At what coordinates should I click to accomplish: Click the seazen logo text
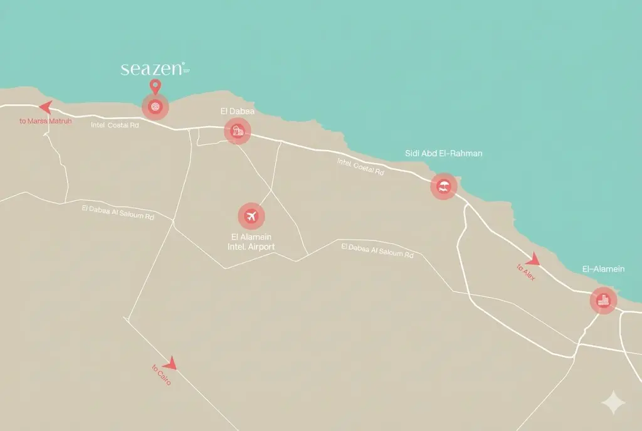point(153,69)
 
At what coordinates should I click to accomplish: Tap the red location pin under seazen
point(155,87)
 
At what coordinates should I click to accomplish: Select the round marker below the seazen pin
point(155,107)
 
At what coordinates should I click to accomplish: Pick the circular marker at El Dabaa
point(238,132)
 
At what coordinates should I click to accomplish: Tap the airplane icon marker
point(251,216)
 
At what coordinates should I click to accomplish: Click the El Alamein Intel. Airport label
point(251,242)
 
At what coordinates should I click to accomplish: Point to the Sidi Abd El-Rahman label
point(444,153)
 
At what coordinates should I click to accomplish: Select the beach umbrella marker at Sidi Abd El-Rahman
point(444,186)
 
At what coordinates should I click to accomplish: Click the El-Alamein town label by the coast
point(603,269)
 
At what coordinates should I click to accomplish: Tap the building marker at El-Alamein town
point(604,301)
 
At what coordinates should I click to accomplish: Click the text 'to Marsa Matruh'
point(45,121)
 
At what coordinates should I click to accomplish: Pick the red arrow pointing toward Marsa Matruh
point(45,107)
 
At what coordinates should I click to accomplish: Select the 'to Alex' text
point(526,272)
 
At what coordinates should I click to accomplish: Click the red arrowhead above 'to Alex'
point(533,259)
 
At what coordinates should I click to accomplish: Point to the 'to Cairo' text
point(161,375)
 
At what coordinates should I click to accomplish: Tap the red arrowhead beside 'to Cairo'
point(170,363)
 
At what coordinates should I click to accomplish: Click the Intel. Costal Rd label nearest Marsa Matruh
point(115,125)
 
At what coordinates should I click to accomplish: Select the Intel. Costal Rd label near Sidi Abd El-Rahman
point(360,166)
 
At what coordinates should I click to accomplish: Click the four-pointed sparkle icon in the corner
point(612,403)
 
